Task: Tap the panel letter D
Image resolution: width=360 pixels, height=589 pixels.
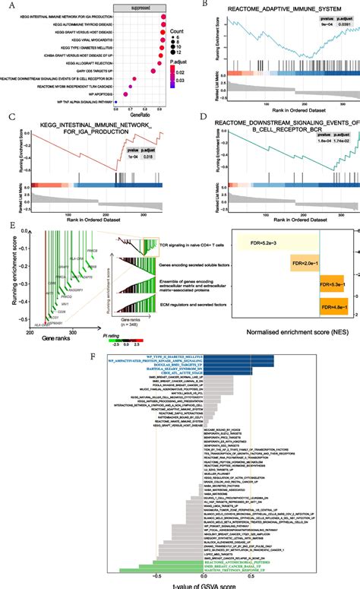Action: point(191,118)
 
